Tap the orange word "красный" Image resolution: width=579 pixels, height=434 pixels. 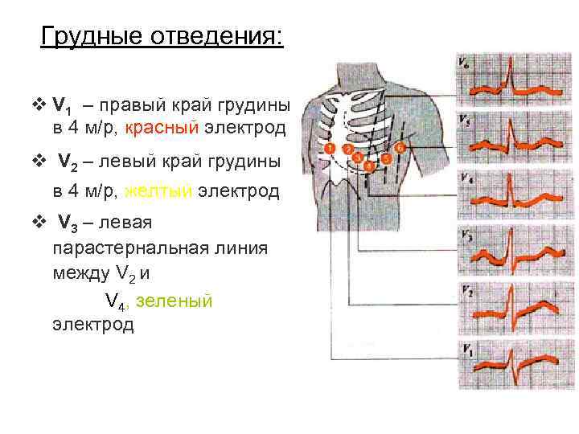coord(161,129)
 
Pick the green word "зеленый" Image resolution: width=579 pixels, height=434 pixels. coord(175,301)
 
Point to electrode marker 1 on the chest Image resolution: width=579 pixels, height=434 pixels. coord(331,149)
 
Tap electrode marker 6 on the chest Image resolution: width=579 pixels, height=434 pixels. coord(400,149)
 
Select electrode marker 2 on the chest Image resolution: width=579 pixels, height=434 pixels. coord(347,149)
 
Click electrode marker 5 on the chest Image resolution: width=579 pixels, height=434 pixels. coord(387,159)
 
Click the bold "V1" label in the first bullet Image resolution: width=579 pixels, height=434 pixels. coord(63,106)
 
